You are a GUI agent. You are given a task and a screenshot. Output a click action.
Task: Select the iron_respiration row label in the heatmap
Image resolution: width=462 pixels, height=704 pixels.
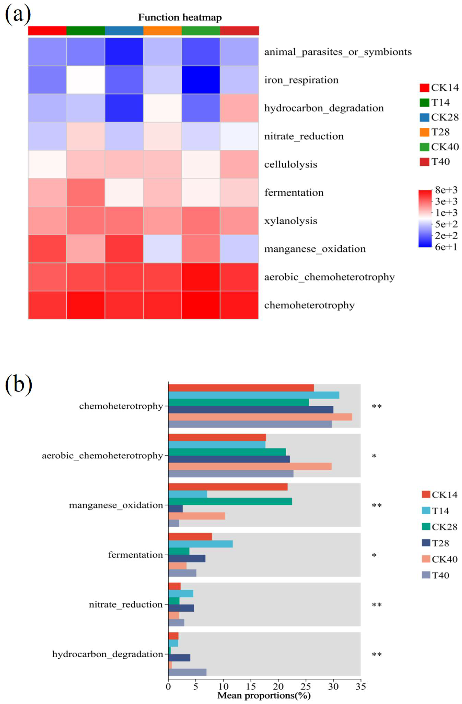coord(301,80)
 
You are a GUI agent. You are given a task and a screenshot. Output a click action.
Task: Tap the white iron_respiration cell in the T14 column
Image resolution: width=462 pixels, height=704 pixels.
coord(86,80)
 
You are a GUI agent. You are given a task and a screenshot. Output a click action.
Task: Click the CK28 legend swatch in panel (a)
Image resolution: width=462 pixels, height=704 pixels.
coord(424,117)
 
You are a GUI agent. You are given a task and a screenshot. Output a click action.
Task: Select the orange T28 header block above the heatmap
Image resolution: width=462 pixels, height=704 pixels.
coord(162,31)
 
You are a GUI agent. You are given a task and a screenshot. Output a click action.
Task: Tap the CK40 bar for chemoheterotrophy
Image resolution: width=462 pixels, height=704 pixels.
coord(260,417)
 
